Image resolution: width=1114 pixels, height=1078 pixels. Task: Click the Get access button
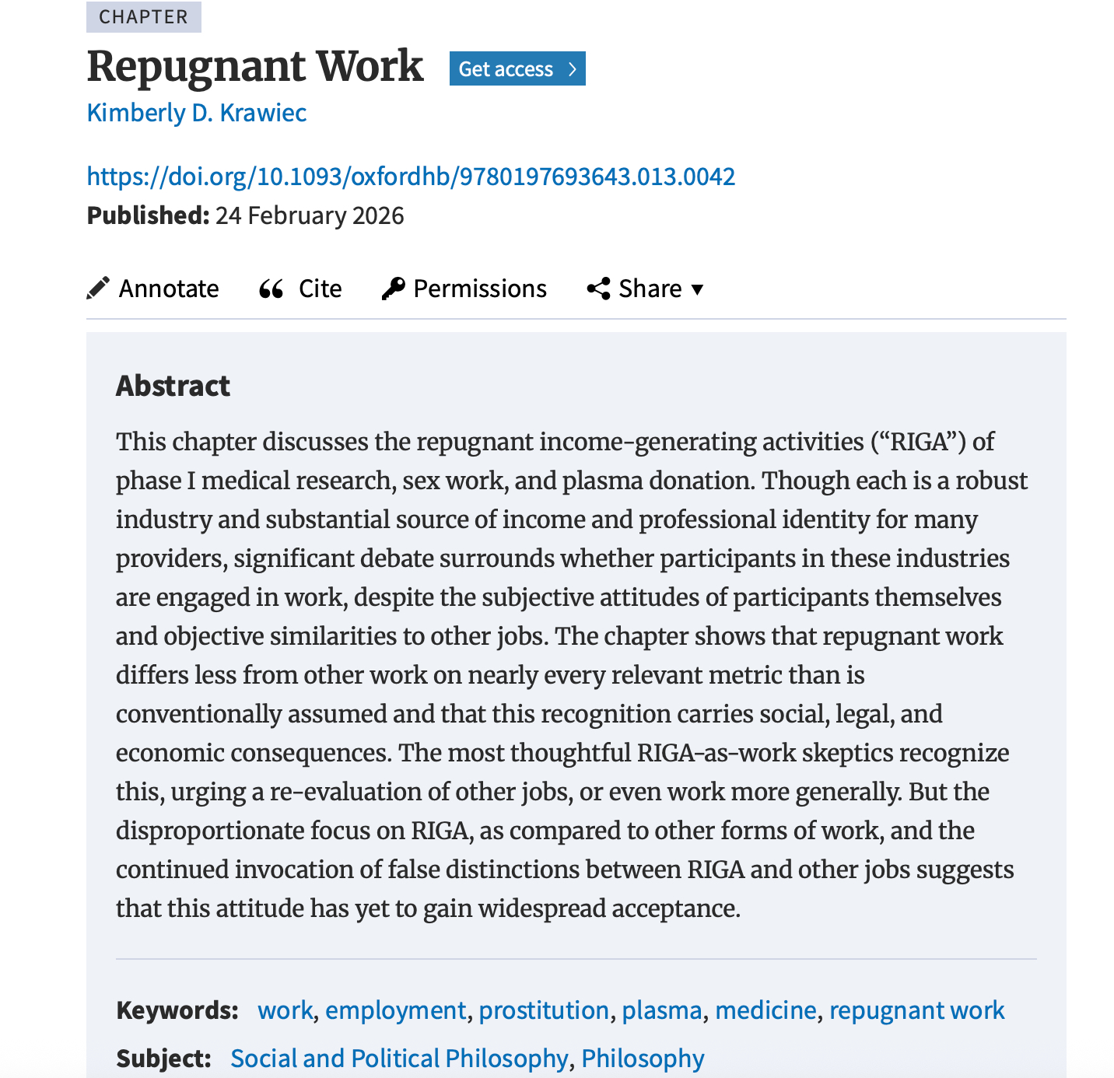tap(517, 69)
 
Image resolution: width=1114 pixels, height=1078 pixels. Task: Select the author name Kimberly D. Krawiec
tap(197, 113)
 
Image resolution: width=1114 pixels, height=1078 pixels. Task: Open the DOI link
tap(411, 177)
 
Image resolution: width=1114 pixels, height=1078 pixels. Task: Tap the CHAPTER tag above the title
tap(143, 17)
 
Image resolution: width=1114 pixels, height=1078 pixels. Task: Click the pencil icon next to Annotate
tap(98, 289)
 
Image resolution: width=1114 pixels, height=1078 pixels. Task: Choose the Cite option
tap(320, 289)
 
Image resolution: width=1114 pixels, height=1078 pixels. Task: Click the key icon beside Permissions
tap(394, 289)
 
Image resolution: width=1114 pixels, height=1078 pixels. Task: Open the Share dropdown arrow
tap(698, 289)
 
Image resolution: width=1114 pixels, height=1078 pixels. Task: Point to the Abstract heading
tap(173, 386)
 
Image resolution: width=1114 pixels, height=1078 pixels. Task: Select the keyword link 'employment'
tap(395, 1010)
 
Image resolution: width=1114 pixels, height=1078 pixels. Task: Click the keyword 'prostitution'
tap(544, 1010)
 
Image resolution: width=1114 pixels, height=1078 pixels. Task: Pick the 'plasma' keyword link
tap(662, 1010)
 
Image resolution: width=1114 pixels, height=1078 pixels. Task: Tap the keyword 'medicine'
tap(765, 1010)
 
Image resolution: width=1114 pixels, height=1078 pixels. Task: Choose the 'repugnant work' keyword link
tap(916, 1010)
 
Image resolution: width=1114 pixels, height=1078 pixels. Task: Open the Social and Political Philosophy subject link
tap(399, 1059)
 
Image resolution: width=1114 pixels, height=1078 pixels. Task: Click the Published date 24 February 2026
tap(310, 215)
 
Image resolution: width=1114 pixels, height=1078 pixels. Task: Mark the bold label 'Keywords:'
tap(177, 1010)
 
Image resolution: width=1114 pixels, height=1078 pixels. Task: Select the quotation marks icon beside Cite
tap(271, 289)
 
